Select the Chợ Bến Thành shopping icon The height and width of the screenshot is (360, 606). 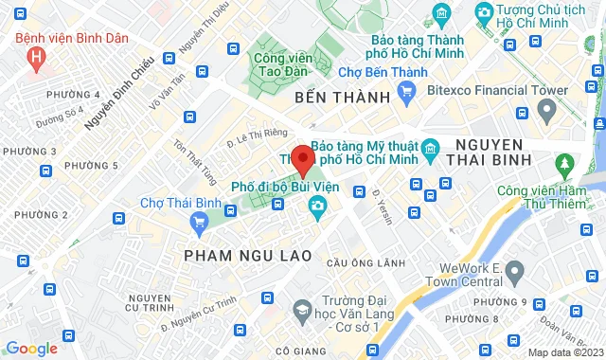(408, 91)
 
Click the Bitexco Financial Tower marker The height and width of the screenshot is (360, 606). (546, 113)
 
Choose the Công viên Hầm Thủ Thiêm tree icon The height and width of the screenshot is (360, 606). (565, 168)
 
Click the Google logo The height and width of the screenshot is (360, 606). (31, 348)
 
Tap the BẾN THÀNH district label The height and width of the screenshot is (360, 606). (329, 99)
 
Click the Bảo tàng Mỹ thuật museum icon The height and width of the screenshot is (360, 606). (430, 147)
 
